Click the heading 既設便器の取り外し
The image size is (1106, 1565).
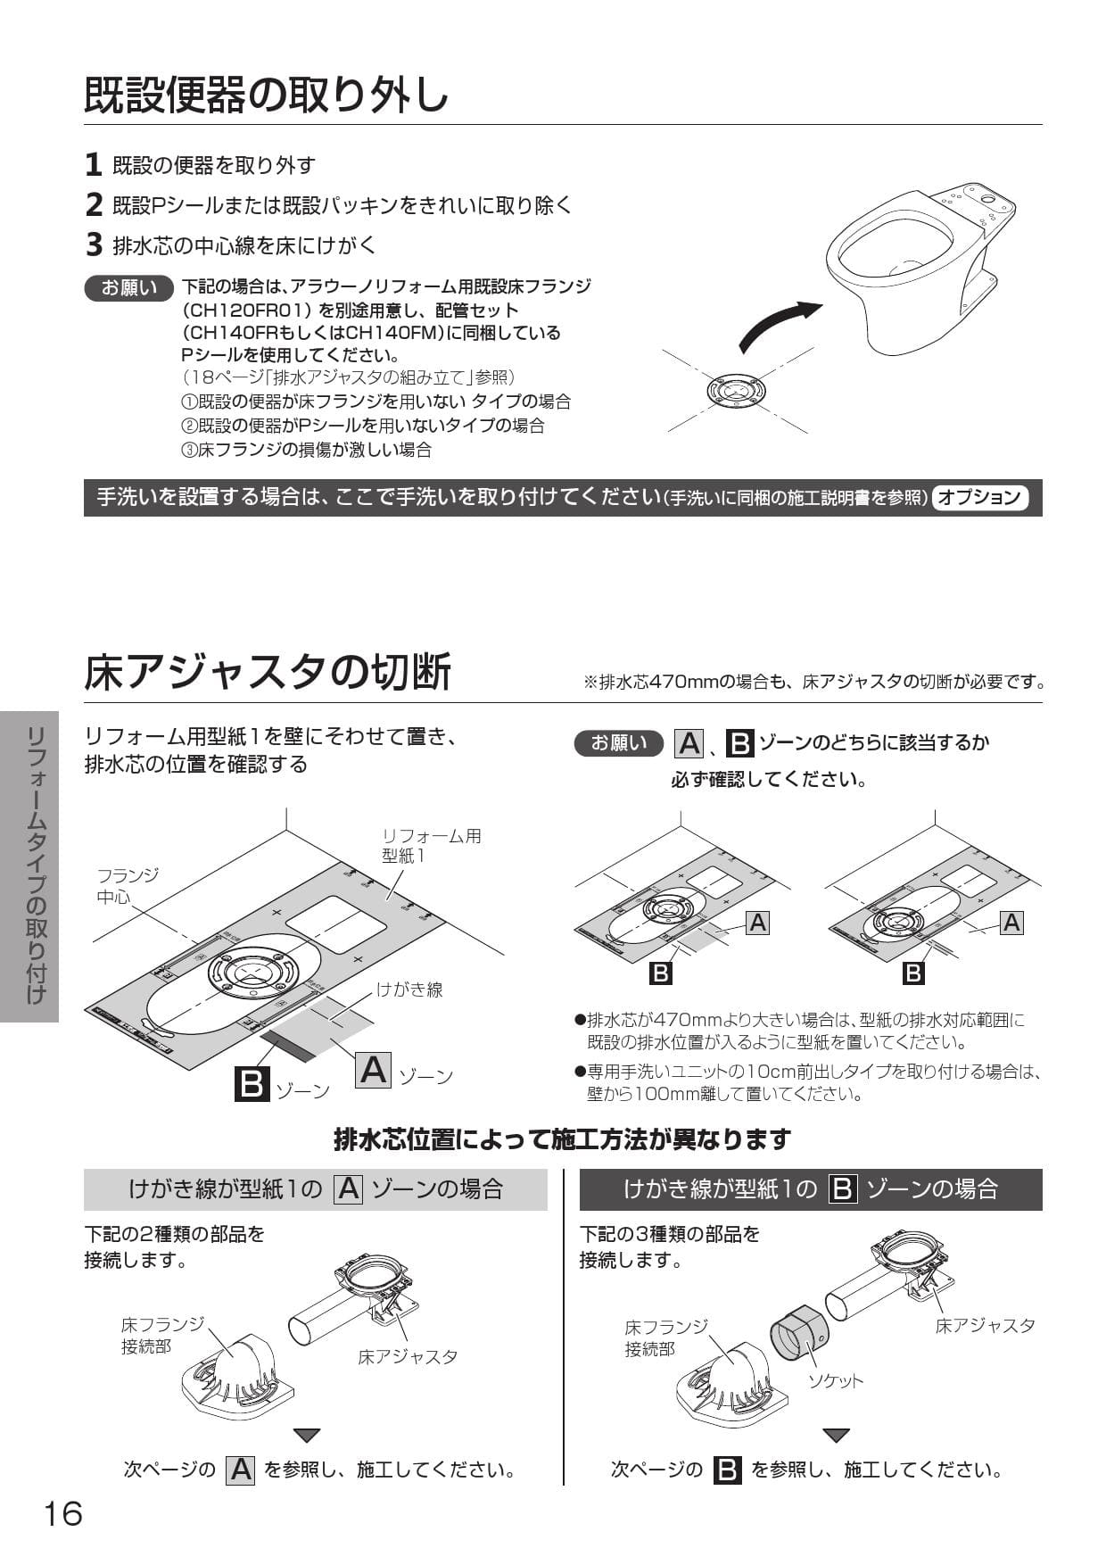pyautogui.click(x=266, y=95)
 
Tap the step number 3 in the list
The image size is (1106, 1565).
pyautogui.click(x=94, y=244)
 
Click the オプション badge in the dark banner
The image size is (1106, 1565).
pyautogui.click(x=979, y=497)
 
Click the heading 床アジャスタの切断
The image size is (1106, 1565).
pyautogui.click(x=268, y=672)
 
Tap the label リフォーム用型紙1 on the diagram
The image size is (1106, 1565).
pyautogui.click(x=431, y=845)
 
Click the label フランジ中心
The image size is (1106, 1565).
pyautogui.click(x=127, y=886)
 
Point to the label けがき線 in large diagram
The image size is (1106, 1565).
pyautogui.click(x=409, y=990)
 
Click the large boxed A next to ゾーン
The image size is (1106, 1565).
pyautogui.click(x=374, y=1069)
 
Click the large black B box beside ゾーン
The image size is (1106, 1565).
pyautogui.click(x=252, y=1083)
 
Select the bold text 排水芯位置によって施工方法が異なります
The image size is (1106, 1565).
pyautogui.click(x=562, y=1139)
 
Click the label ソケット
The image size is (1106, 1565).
pyautogui.click(x=835, y=1381)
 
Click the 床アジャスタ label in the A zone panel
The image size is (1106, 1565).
pyautogui.click(x=408, y=1356)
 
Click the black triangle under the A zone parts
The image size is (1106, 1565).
pyautogui.click(x=307, y=1436)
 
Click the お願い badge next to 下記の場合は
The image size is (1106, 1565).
pyautogui.click(x=128, y=287)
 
